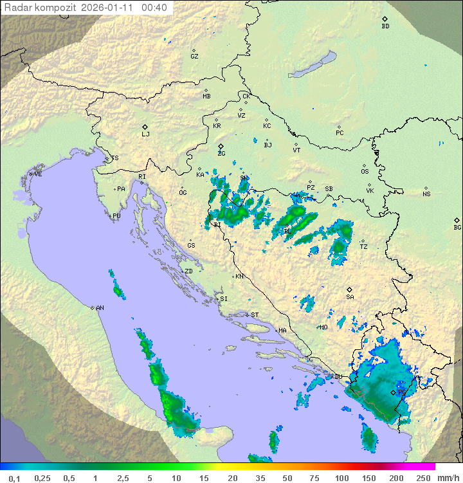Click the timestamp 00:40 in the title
coord(154,8)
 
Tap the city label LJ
coord(145,134)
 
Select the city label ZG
coord(221,153)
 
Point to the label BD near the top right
coord(385,26)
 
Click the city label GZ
coord(194,56)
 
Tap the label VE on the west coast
coord(38,174)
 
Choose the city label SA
coord(350,296)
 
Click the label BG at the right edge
coord(457,227)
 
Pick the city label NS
coord(426,194)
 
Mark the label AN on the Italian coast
coord(100,308)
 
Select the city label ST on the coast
coord(255,315)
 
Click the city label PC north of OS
coord(340,133)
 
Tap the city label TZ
coord(363,246)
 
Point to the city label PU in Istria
coord(116,216)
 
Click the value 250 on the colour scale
coord(422,478)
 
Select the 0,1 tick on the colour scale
coord(15,478)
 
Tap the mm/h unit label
coord(446,478)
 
